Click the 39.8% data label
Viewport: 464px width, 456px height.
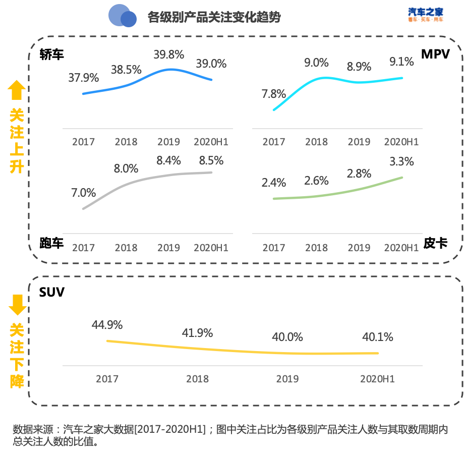coord(169,54)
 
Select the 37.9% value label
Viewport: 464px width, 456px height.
coord(84,78)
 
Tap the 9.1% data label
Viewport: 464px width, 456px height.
coord(401,62)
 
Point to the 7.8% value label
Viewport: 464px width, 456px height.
coord(274,94)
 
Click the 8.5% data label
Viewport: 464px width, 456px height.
coord(211,161)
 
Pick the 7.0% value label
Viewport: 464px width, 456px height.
coord(84,193)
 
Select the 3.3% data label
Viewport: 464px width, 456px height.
coord(401,161)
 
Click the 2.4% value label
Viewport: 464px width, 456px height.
coord(274,183)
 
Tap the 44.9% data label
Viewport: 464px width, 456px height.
coord(107,325)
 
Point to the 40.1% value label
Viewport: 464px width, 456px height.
coord(378,337)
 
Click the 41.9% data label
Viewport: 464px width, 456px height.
coord(197,333)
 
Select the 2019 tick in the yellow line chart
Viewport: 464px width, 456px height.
coord(287,379)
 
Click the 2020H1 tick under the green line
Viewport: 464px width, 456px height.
coord(401,248)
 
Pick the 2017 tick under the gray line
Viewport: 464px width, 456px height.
coord(84,248)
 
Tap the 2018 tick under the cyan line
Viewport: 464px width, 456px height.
coord(317,142)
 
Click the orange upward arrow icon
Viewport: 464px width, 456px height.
coord(17,91)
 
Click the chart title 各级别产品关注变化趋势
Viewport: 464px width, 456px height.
coord(214,17)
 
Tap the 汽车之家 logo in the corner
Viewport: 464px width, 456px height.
coord(425,14)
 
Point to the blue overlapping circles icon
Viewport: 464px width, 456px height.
coord(122,16)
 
